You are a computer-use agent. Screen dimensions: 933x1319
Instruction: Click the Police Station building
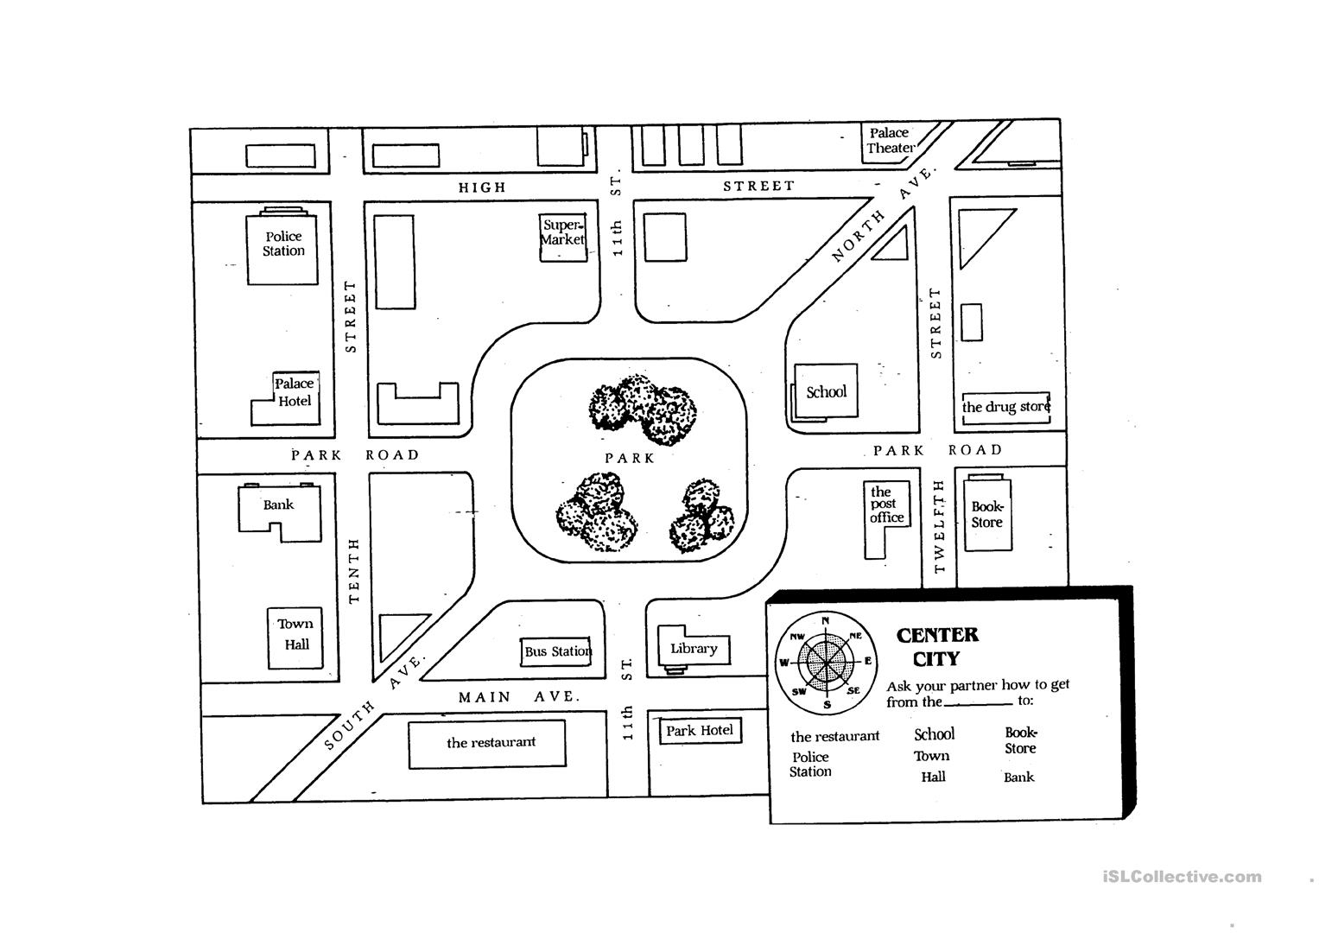click(x=282, y=247)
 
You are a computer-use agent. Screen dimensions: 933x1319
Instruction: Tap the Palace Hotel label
click(x=294, y=392)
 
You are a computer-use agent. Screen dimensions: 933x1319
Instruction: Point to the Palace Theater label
click(x=891, y=140)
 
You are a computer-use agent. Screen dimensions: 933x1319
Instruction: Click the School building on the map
click(x=826, y=392)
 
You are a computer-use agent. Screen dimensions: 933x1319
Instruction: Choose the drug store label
click(x=1006, y=407)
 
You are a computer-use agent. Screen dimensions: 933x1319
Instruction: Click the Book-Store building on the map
click(x=987, y=516)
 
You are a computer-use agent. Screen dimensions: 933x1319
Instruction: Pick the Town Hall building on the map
click(x=295, y=636)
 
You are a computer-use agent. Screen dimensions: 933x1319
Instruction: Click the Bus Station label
click(x=558, y=651)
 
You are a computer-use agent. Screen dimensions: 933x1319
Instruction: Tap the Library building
click(x=694, y=649)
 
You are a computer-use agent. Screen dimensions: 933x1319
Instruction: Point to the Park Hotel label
click(x=700, y=731)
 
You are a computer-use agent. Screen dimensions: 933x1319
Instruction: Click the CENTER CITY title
click(x=937, y=647)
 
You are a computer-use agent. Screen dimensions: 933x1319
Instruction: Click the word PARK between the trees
click(x=629, y=458)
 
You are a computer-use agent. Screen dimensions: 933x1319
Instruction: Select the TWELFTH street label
click(x=940, y=526)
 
